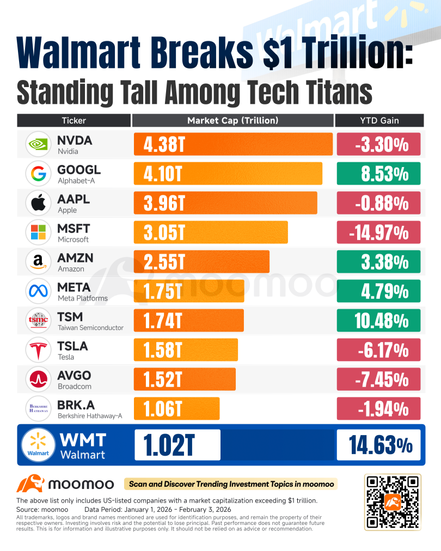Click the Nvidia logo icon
point(38,144)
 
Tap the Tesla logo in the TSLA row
point(38,350)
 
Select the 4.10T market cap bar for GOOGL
point(228,174)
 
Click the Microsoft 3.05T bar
point(211,232)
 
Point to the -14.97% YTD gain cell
point(378,232)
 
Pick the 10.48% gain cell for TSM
point(378,321)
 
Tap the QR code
point(393,502)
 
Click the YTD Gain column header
point(379,120)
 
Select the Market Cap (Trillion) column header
point(232,120)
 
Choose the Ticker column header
point(74,120)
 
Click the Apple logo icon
point(38,203)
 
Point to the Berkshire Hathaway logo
point(38,409)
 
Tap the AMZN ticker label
point(75,258)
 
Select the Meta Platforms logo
point(38,291)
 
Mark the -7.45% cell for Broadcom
point(378,379)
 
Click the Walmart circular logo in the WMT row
point(38,445)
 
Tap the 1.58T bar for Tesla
point(186,350)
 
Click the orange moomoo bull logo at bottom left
point(30,483)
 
